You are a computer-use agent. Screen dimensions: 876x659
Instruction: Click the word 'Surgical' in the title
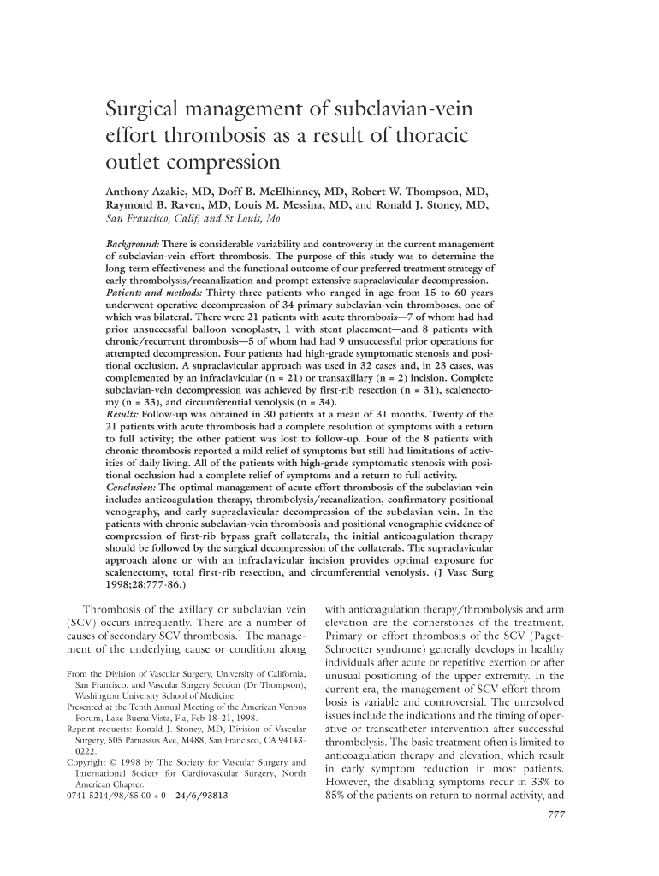tap(145, 110)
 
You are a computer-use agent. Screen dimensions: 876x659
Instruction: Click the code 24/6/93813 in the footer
tap(201, 795)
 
